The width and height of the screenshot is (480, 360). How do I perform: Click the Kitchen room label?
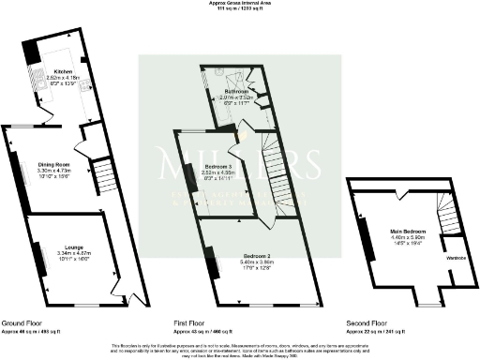(x=63, y=70)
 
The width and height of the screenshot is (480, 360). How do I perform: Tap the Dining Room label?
(x=53, y=165)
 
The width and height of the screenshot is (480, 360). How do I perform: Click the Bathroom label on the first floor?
(x=235, y=91)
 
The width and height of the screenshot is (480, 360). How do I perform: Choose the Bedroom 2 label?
(x=256, y=255)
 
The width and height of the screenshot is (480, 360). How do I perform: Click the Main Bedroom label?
(x=408, y=231)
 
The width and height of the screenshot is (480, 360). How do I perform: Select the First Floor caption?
(x=190, y=322)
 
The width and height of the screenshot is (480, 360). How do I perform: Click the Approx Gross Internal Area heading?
(x=239, y=4)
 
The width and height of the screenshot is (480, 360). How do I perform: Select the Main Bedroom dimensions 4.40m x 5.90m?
(x=408, y=237)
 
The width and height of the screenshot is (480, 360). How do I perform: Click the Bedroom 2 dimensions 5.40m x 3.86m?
(x=256, y=262)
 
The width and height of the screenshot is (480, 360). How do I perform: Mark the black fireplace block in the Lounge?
(x=38, y=258)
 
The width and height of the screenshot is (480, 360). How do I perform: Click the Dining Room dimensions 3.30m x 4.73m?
(x=53, y=172)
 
